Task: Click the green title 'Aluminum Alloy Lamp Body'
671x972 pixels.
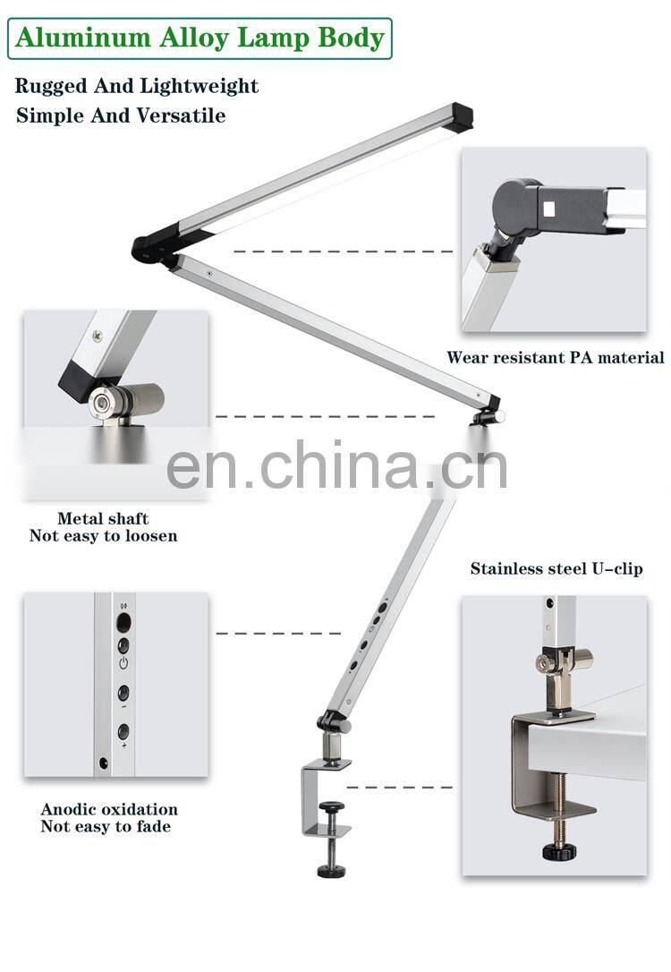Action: tap(200, 38)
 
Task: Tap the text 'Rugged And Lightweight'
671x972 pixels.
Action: tap(137, 86)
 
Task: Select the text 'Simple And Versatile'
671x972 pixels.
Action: tap(121, 115)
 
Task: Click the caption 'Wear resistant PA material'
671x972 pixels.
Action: tap(555, 357)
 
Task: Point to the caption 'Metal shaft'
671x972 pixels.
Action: tap(103, 518)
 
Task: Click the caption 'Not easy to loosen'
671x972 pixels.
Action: tap(103, 535)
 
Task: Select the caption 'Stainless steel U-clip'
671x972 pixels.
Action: tap(556, 568)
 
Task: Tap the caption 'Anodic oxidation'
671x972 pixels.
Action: tap(109, 809)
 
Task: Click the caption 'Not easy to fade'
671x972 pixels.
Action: tap(106, 826)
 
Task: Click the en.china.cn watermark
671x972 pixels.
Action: tap(336, 465)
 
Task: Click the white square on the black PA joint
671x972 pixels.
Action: tap(550, 211)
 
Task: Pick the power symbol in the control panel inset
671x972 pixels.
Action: tap(123, 664)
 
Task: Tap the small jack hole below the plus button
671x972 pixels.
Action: tap(106, 763)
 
